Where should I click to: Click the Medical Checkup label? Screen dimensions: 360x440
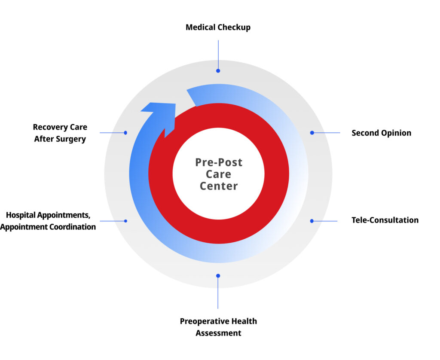pos(218,27)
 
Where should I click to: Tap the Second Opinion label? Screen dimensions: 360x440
pos(381,133)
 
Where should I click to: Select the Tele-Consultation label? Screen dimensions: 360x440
pos(385,220)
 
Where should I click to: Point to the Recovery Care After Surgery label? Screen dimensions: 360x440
pos(60,133)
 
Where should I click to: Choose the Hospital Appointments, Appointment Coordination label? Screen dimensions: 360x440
pos(48,221)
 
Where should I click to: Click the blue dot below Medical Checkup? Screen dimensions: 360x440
pos(218,70)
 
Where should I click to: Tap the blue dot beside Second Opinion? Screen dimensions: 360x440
pos(312,133)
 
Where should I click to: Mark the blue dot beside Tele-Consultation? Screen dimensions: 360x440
pos(312,221)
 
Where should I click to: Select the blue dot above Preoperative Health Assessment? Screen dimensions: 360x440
pos(218,276)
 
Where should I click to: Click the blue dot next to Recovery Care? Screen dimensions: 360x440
pos(125,133)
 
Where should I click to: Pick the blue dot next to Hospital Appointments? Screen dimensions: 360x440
pos(125,221)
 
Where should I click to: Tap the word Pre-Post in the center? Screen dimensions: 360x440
pos(219,162)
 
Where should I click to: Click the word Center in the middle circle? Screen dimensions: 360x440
pos(219,186)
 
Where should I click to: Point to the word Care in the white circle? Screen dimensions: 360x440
pos(219,174)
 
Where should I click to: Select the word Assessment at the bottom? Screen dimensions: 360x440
pos(218,333)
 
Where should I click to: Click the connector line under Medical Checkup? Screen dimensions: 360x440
pos(218,54)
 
